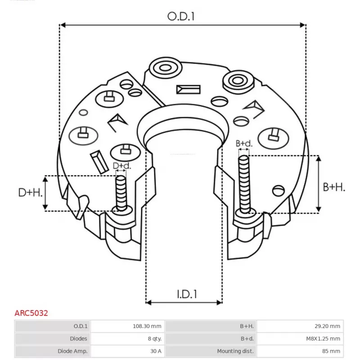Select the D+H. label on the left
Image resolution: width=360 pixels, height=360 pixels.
[x=30, y=193]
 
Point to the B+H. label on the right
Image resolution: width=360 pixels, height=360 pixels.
[x=334, y=187]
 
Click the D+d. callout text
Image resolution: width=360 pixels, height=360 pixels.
[x=121, y=166]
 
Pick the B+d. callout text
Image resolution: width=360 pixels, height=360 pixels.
[x=244, y=144]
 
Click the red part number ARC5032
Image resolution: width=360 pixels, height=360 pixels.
[x=31, y=313]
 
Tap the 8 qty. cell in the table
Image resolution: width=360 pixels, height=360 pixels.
[x=153, y=338]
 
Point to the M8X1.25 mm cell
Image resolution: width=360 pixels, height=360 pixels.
[x=321, y=338]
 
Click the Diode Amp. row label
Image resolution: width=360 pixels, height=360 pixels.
[x=72, y=351]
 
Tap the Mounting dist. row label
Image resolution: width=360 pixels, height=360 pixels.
[x=235, y=351]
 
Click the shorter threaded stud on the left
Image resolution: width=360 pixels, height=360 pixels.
[x=121, y=192]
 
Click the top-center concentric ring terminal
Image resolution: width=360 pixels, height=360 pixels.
[x=163, y=69]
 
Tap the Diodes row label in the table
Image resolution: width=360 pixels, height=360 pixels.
[x=79, y=338]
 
